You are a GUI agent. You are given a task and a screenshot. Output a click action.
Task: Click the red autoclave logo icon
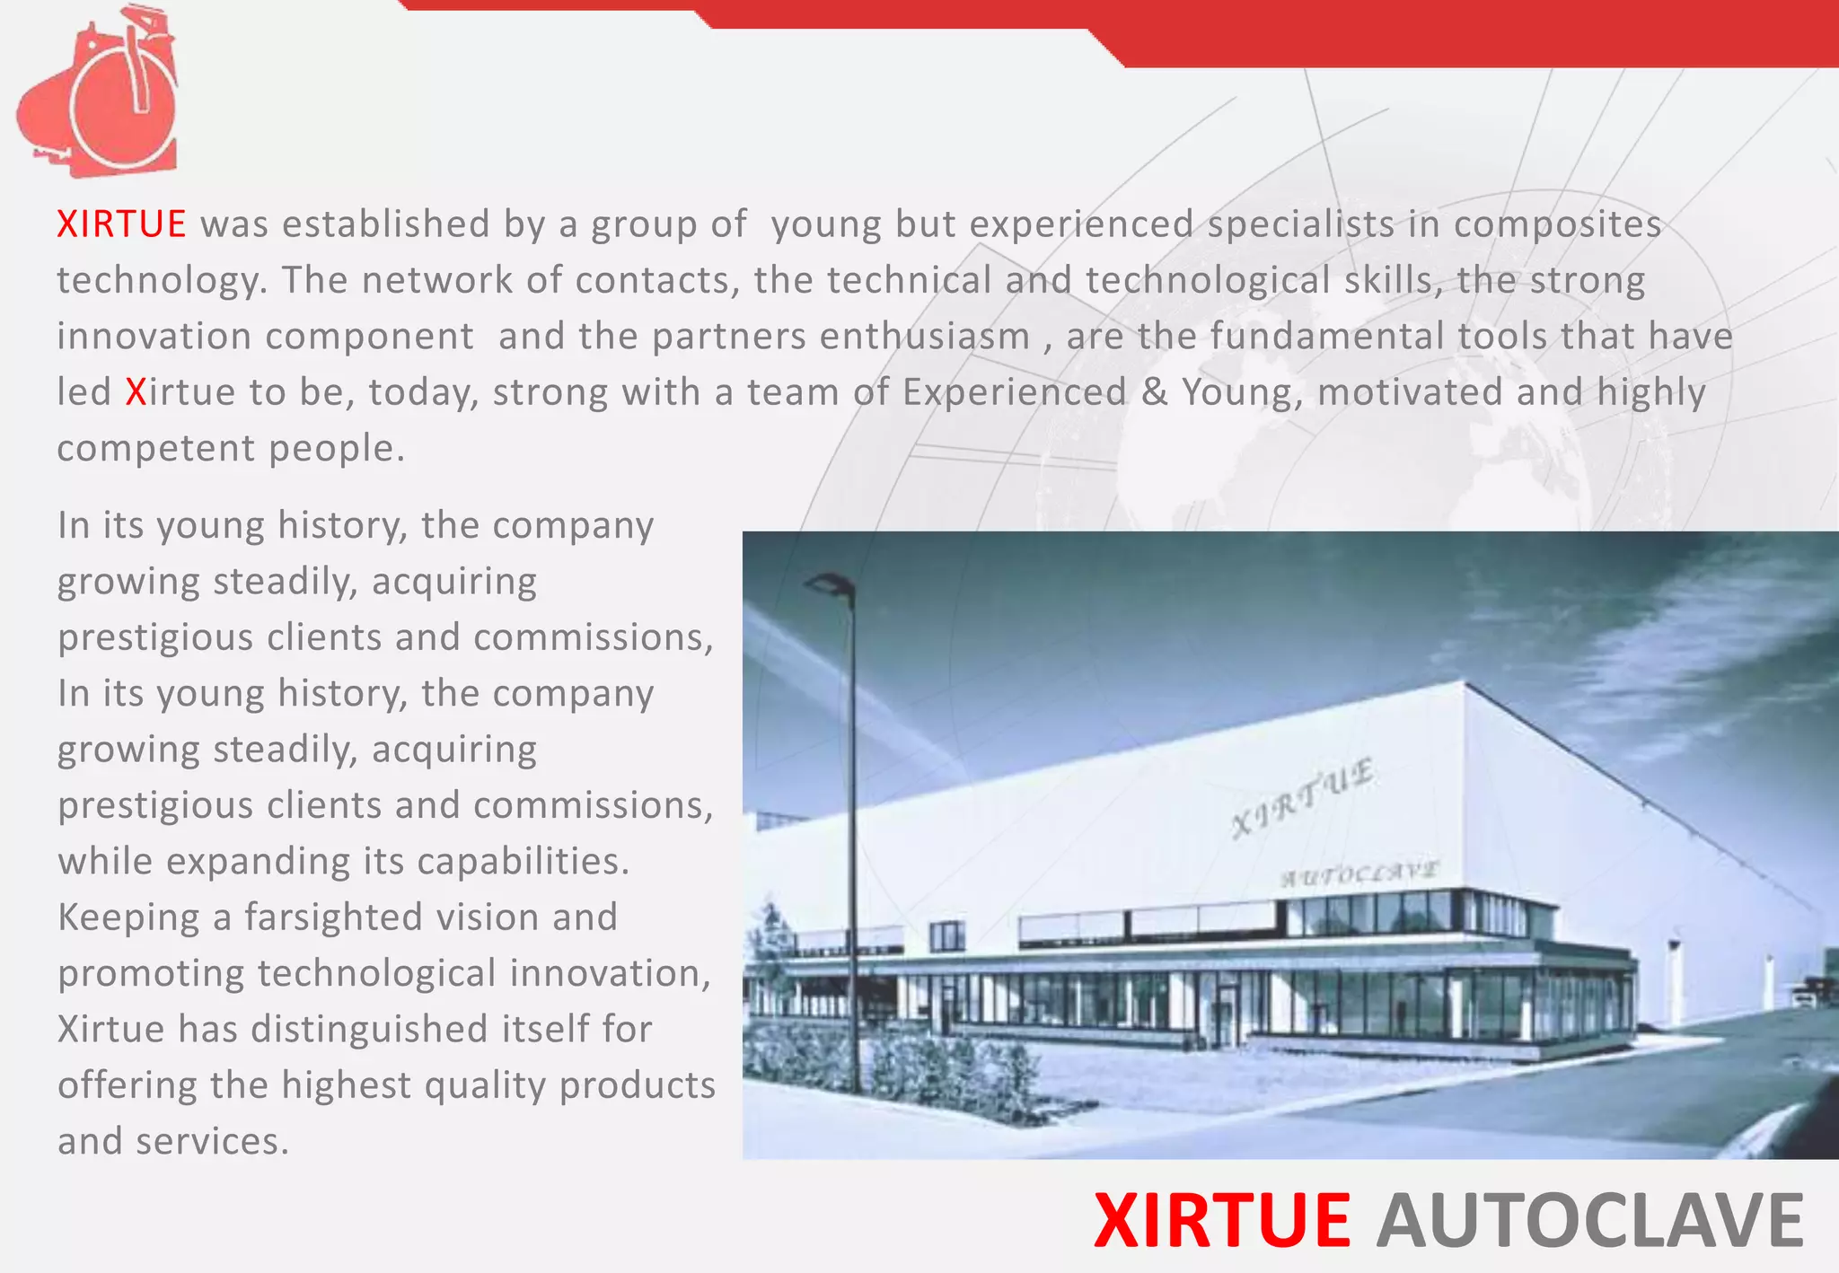(x=99, y=94)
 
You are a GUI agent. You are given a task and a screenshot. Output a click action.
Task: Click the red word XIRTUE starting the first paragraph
(x=121, y=224)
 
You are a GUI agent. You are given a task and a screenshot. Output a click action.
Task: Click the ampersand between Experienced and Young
(x=1154, y=392)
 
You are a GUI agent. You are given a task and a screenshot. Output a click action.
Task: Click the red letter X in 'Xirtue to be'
(x=136, y=392)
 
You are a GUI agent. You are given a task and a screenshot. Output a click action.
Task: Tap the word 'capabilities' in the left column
(x=523, y=862)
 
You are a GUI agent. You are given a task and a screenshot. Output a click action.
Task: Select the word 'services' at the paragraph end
(x=212, y=1142)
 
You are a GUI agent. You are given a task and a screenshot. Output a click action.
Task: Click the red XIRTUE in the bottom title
(x=1222, y=1221)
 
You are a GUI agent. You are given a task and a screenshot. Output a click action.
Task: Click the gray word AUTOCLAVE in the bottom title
(x=1590, y=1221)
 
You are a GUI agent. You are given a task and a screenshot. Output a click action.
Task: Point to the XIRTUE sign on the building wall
(x=1302, y=797)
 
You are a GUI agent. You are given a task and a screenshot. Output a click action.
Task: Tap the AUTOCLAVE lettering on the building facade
(x=1360, y=873)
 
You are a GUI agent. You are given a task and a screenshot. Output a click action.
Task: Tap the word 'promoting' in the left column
(x=151, y=974)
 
